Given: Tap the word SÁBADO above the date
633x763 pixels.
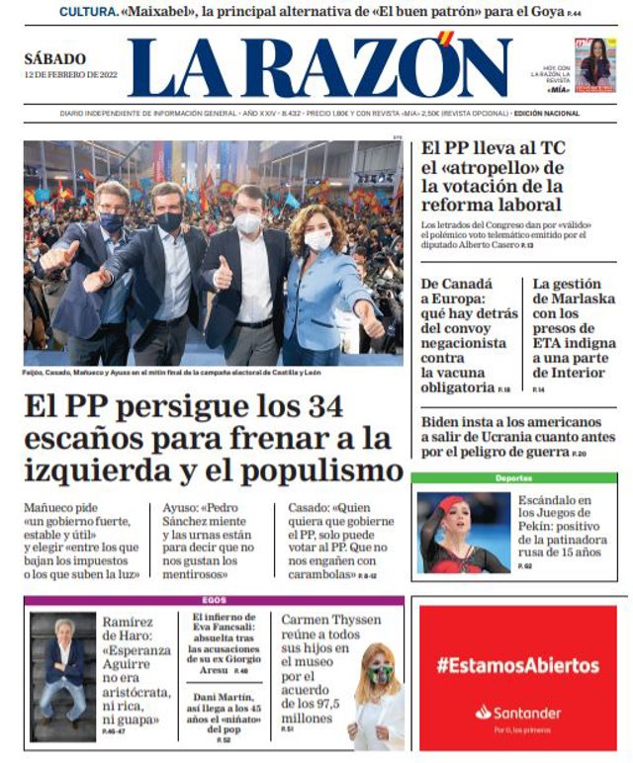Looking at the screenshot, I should (55, 59).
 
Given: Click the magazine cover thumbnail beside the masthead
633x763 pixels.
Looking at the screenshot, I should (594, 65).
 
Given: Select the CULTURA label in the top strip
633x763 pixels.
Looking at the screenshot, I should (87, 12).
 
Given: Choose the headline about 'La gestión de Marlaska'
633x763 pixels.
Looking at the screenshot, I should (574, 327).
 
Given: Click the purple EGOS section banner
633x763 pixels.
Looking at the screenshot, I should (214, 600).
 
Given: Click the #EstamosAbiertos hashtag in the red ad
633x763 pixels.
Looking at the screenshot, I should (517, 665).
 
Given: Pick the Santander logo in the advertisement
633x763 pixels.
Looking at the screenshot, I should (517, 713).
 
